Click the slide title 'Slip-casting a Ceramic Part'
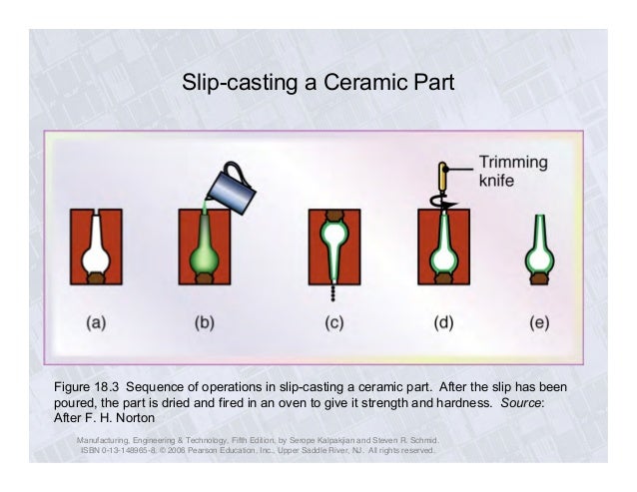318,81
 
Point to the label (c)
333,323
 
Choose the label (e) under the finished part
540,323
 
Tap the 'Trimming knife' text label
513,172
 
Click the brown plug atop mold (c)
333,215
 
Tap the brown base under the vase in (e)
540,282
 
